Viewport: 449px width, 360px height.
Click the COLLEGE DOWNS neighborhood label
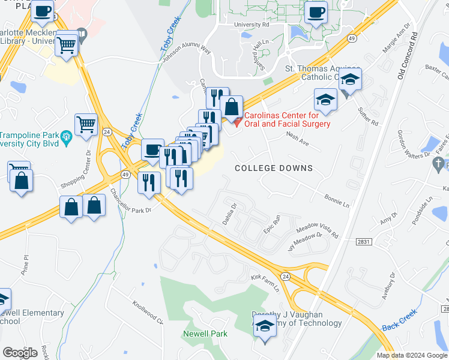[273, 168]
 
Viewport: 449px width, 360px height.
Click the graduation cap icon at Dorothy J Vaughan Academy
[264, 327]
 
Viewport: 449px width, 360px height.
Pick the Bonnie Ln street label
[337, 200]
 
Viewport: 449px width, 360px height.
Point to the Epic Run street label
[272, 224]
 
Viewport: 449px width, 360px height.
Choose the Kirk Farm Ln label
[265, 283]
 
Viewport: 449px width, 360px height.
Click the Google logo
[20, 352]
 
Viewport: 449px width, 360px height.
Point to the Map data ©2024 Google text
[411, 355]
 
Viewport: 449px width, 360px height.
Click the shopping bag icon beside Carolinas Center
[231, 108]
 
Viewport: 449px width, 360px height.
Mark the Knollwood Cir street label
[148, 311]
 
